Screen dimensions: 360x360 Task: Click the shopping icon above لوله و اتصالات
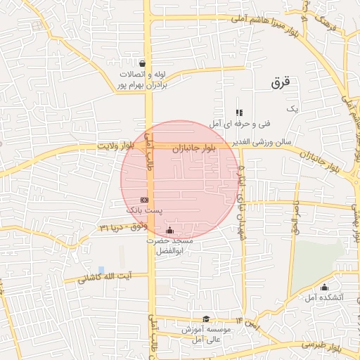coord(142,62)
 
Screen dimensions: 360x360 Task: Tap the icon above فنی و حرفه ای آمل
coord(239,112)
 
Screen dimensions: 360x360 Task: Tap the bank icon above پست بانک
coord(144,200)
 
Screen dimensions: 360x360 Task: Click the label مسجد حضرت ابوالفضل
coord(169,244)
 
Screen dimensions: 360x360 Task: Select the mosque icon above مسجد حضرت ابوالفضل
coord(169,230)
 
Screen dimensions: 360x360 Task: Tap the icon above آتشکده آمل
coord(324,287)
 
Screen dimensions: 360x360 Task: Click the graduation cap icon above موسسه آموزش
coord(206,319)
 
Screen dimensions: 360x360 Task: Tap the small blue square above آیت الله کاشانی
coord(102,270)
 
